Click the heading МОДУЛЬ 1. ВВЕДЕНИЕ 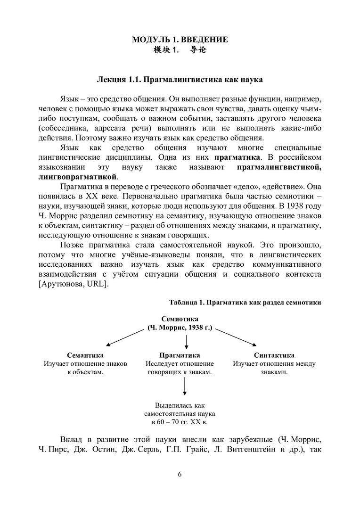(180, 40)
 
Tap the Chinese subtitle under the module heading (180, 50)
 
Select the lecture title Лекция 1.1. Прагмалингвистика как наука (180, 80)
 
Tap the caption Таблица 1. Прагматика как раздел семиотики (245, 303)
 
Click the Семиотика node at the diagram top (180, 319)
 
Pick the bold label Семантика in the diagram (85, 355)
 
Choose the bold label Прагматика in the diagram (180, 355)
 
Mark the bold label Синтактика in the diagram (274, 355)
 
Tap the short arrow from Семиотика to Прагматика (186, 342)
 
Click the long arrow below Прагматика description (184, 386)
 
